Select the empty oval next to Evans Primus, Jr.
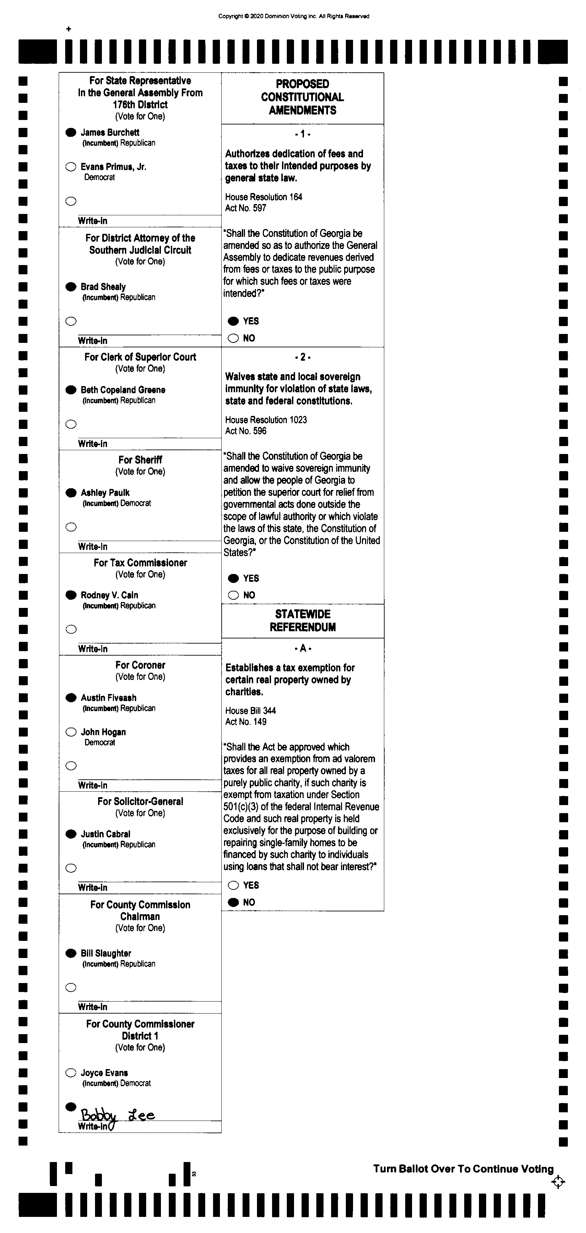[71, 167]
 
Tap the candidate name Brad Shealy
[103, 287]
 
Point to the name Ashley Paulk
[105, 492]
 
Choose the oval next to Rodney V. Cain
[71, 595]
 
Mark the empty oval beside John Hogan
[71, 732]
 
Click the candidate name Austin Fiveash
[108, 698]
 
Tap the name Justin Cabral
[105, 834]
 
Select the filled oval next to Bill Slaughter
[71, 953]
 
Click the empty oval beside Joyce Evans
[71, 1073]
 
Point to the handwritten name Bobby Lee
[117, 1116]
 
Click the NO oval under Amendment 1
[233, 338]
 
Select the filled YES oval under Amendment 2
[233, 578]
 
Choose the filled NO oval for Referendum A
[233, 902]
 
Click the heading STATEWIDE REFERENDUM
[303, 620]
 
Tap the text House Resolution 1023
[266, 420]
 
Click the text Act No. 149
[246, 722]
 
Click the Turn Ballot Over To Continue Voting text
[463, 1169]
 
